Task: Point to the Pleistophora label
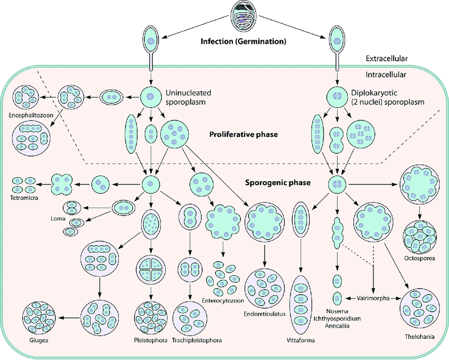[x=151, y=340]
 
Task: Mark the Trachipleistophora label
[x=197, y=340]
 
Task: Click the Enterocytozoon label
[x=222, y=301]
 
